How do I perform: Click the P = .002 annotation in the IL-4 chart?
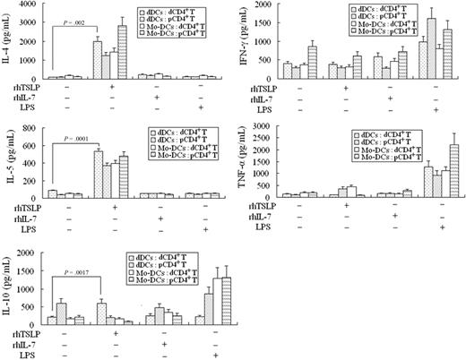[79, 28]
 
